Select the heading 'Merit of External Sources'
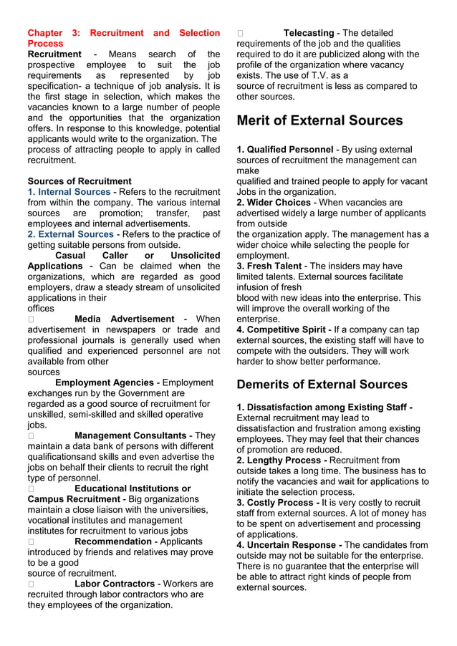click(x=319, y=120)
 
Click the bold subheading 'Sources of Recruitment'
click(x=79, y=181)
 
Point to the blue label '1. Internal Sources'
click(x=69, y=192)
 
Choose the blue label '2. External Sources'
click(x=70, y=234)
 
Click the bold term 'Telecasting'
click(x=309, y=33)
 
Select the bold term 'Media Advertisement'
click(x=124, y=319)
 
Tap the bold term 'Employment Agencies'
click(x=105, y=382)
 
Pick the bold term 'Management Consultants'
click(x=130, y=435)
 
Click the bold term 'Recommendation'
click(x=113, y=541)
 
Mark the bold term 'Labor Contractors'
click(x=114, y=584)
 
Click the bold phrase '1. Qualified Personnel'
click(x=284, y=150)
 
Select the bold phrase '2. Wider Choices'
click(x=273, y=203)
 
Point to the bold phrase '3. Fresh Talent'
click(x=269, y=266)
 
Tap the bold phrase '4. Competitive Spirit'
click(x=282, y=329)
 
